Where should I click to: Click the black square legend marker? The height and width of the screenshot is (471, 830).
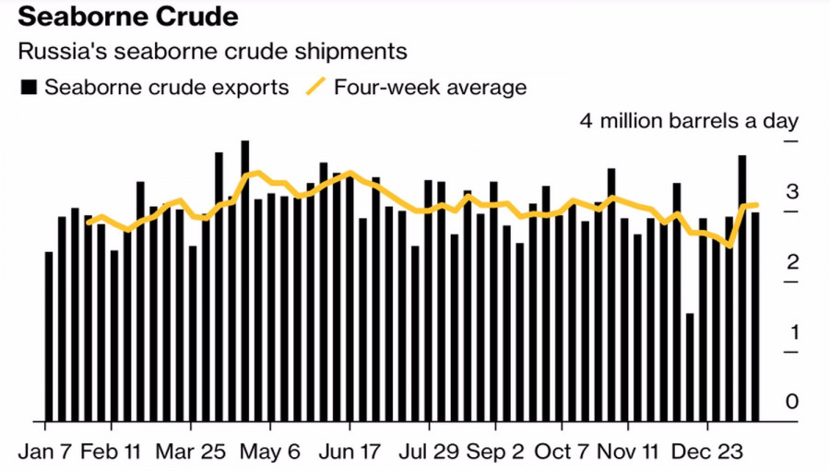pyautogui.click(x=29, y=89)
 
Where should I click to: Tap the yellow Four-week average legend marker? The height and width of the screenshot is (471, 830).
pyautogui.click(x=316, y=88)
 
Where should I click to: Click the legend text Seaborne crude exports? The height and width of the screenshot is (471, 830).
pyautogui.click(x=167, y=89)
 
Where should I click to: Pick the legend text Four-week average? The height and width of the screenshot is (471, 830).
pyautogui.click(x=431, y=89)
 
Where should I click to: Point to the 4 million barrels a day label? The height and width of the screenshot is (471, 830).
pyautogui.click(x=688, y=121)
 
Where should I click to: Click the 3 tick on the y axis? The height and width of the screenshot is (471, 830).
pyautogui.click(x=790, y=192)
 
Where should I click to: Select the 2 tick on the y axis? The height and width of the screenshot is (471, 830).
pyautogui.click(x=790, y=262)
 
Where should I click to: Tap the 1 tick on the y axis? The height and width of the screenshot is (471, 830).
pyautogui.click(x=790, y=332)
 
